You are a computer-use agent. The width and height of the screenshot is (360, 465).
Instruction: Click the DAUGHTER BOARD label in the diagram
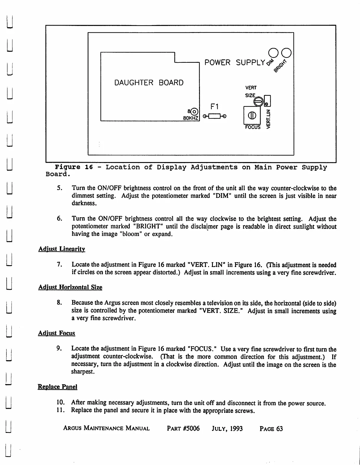point(149,83)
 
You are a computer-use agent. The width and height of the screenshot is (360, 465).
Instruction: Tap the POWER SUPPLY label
point(235,63)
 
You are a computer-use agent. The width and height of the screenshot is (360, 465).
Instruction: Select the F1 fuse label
point(214,106)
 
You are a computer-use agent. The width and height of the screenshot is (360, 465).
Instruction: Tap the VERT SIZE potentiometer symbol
point(258,102)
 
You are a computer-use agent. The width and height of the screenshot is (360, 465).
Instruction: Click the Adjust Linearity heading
point(62,249)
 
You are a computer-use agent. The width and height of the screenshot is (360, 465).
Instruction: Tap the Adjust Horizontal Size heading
point(70,287)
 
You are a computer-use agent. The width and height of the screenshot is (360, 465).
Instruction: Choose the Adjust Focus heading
point(57,333)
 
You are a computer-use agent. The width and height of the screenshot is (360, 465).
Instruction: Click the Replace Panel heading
point(57,387)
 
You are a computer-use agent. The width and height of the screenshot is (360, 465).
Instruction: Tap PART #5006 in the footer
point(183,428)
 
